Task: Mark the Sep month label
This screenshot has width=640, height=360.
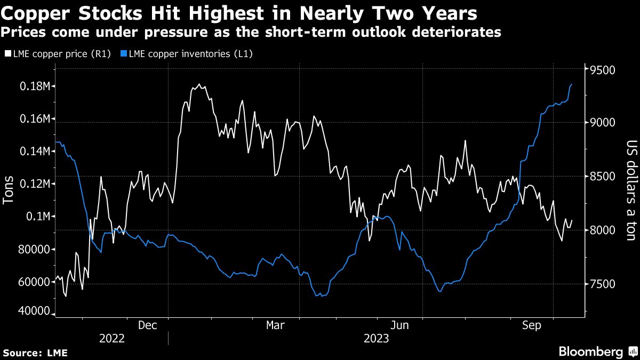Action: tap(532, 325)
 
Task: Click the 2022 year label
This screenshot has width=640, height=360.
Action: tap(111, 339)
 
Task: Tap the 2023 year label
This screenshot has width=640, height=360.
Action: tap(377, 339)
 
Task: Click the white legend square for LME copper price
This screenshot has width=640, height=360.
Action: tap(7, 53)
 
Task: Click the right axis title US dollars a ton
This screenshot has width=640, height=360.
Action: tap(631, 190)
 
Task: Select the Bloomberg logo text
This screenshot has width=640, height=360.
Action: tap(590, 351)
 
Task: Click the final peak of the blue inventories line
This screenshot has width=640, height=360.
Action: tap(572, 84)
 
